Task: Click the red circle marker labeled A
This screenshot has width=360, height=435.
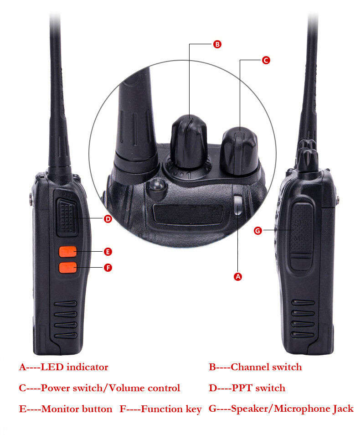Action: click(x=237, y=276)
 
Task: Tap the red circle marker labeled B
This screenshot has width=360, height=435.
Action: click(x=217, y=44)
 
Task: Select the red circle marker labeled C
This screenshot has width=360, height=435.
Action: click(x=266, y=60)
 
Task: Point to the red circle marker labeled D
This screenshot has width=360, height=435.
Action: click(x=108, y=219)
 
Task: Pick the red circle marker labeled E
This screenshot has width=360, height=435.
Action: click(x=108, y=252)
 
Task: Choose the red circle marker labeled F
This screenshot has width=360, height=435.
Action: click(x=108, y=267)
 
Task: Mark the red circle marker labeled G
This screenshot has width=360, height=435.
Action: click(x=258, y=231)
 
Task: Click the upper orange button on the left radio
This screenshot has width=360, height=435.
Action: click(x=67, y=251)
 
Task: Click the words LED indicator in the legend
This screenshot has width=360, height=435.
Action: click(x=75, y=367)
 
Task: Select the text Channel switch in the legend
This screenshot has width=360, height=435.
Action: click(x=266, y=367)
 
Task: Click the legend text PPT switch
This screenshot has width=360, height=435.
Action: click(x=258, y=388)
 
